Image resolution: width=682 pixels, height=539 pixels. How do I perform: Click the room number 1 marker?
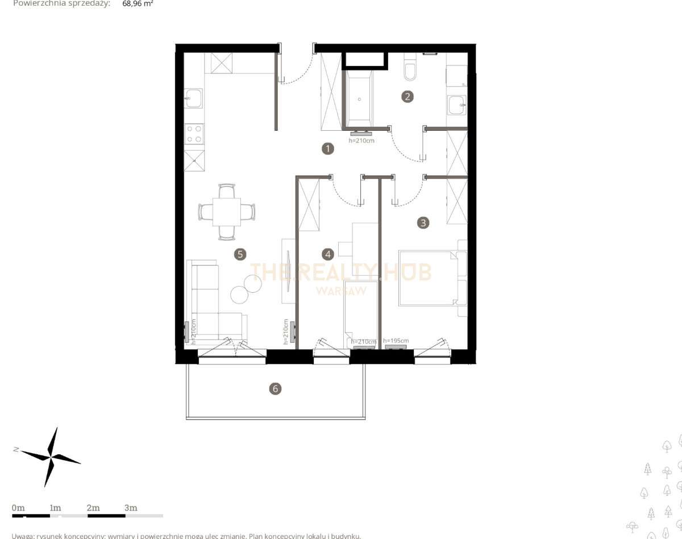point(327,149)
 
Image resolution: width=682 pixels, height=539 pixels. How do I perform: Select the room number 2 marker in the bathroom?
point(407,96)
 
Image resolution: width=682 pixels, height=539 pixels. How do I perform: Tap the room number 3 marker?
point(422,222)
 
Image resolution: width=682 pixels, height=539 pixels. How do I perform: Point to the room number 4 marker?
point(327,254)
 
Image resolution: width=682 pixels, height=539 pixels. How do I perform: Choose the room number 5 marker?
point(240,254)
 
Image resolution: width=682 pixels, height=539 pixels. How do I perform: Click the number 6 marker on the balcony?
point(275,389)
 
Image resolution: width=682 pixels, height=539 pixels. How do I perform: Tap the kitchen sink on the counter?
point(194,98)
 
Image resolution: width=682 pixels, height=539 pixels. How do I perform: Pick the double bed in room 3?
point(427,278)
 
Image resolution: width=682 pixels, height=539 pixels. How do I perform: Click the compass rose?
point(51,457)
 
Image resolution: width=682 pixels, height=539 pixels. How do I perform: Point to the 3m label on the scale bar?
point(131,508)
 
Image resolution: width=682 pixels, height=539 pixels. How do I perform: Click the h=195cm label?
point(396,341)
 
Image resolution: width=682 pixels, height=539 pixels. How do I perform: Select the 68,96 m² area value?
point(138,3)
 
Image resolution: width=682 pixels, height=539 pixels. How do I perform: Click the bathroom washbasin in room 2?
point(456,105)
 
